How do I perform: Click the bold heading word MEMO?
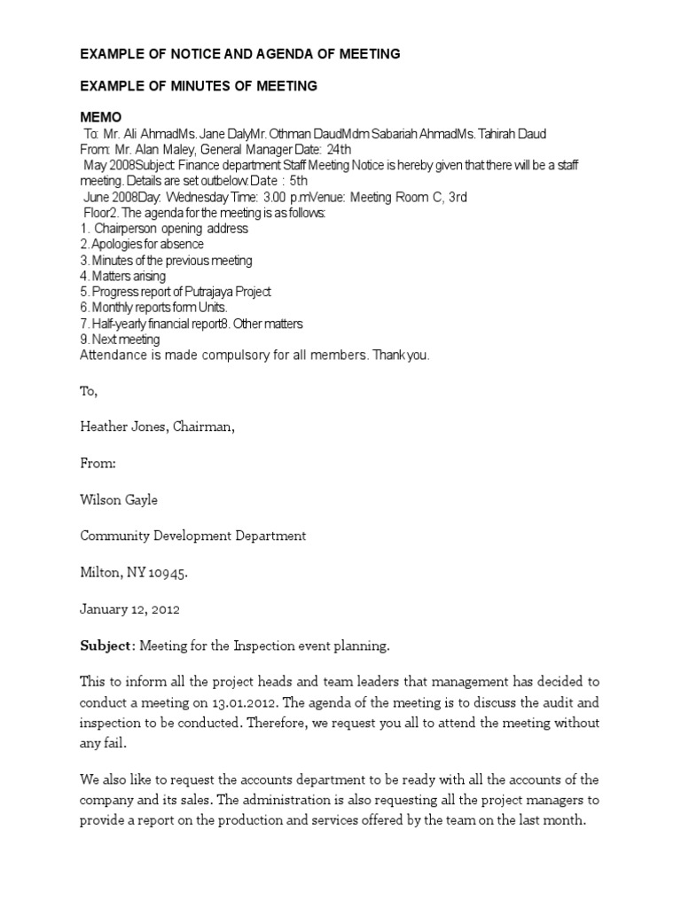click(101, 118)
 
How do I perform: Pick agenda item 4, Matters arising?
click(130, 276)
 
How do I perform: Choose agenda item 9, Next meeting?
click(125, 340)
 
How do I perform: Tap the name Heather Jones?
click(119, 427)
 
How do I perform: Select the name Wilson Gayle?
click(119, 499)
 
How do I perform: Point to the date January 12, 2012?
click(129, 609)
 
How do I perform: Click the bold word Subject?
click(106, 646)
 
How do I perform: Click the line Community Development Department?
click(193, 536)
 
